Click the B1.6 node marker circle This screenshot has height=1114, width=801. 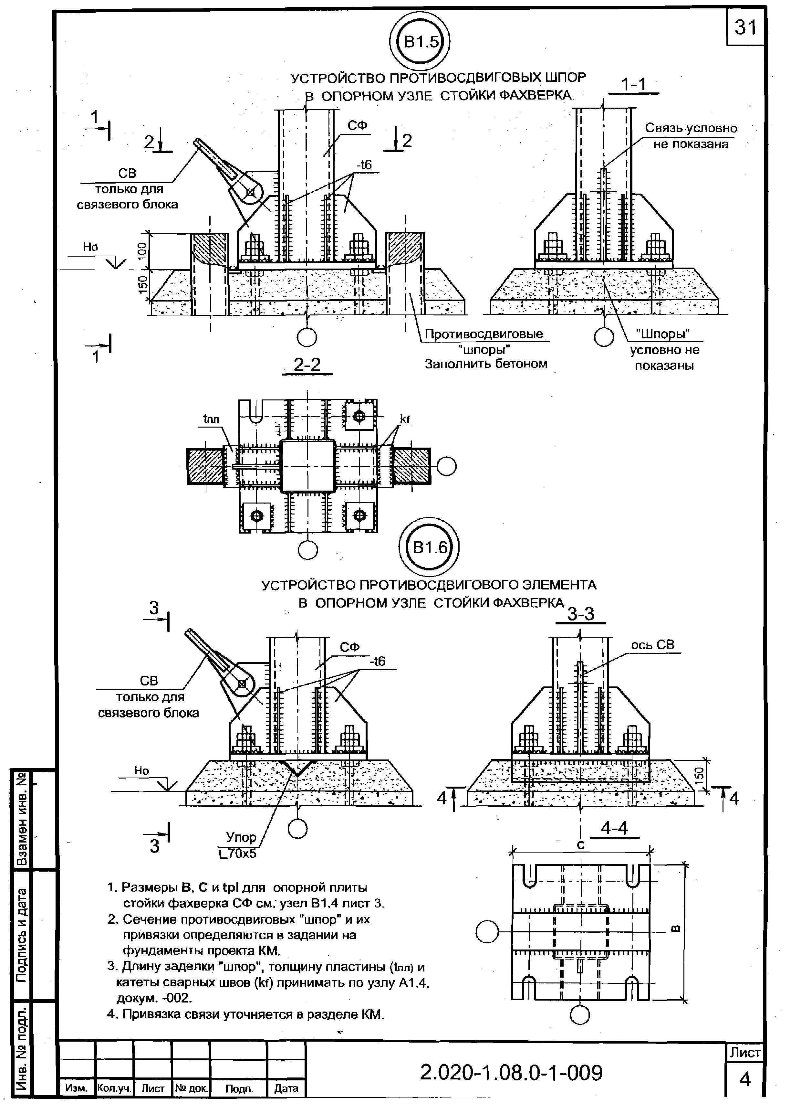[430, 547]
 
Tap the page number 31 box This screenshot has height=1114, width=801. [745, 27]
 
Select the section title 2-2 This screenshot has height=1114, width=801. [307, 365]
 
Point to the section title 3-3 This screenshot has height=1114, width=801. [581, 614]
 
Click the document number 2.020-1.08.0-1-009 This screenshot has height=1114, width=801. [511, 1073]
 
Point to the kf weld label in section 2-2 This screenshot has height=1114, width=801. [404, 419]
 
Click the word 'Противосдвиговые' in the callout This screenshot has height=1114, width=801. [484, 334]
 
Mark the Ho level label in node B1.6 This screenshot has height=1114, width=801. [141, 771]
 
